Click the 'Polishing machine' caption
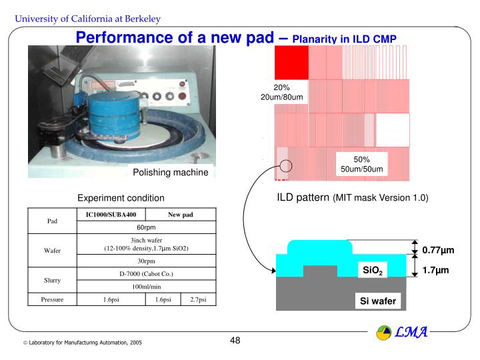tap(171, 173)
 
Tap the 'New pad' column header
tap(180, 215)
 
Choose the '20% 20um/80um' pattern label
tap(282, 93)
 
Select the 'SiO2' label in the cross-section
tap(371, 270)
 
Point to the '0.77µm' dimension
tap(437, 250)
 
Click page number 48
tap(235, 341)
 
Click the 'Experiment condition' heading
tap(121, 198)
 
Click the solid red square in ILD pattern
tap(291, 63)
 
